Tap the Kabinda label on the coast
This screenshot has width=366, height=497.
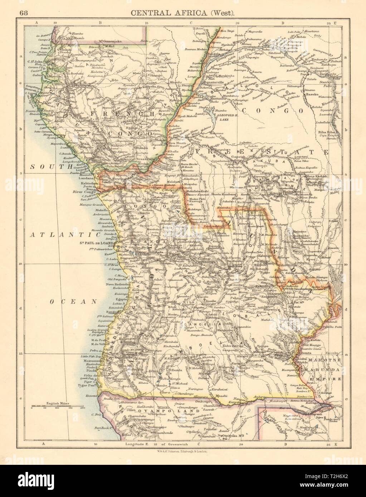tap(90, 182)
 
